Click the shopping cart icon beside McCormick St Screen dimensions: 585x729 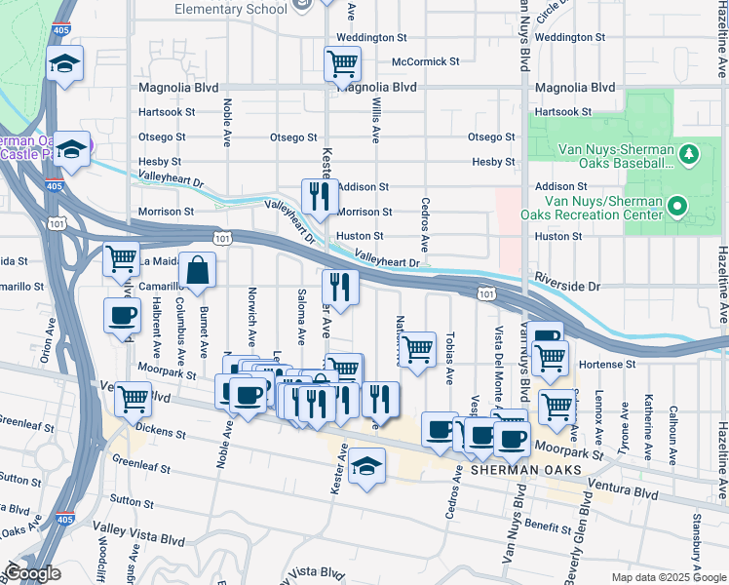[343, 64]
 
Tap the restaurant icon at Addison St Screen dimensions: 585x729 [320, 197]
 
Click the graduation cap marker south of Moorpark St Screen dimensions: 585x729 [366, 466]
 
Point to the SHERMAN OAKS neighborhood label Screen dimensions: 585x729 [526, 470]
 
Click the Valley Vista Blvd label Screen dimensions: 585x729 [139, 538]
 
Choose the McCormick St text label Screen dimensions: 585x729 [425, 61]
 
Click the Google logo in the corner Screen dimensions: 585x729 [33, 574]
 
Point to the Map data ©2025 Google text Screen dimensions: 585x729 [668, 577]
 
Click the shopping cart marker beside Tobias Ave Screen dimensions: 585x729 [418, 349]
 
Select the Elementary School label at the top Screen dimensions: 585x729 [231, 9]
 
